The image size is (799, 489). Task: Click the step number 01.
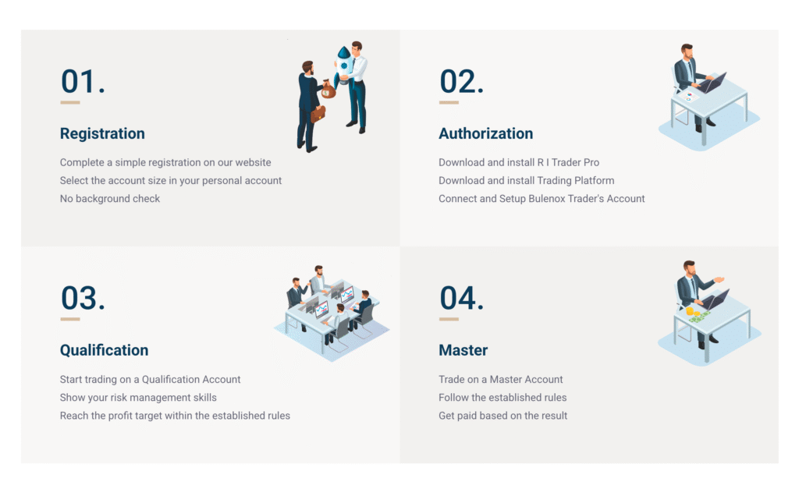coord(83,81)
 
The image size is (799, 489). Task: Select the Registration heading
coord(102,133)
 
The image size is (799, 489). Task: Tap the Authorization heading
coord(485,133)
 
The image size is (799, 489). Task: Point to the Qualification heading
coord(104,350)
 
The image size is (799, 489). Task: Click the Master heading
coord(463,350)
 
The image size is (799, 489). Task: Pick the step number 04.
coord(462,298)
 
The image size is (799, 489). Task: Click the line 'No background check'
coord(110,199)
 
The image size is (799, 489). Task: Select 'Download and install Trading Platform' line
coord(527,180)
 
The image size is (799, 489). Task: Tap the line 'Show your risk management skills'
coord(138,397)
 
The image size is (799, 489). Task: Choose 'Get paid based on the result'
coord(503,416)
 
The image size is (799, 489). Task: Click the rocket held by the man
coord(344,65)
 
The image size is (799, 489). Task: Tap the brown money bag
coord(328,90)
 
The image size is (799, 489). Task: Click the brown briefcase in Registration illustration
coord(318,114)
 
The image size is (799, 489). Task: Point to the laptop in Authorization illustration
coord(712,83)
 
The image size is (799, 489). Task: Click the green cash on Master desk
coord(700,317)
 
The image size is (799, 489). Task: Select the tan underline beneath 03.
coord(69,320)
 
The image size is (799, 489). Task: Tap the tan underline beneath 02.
coord(449,103)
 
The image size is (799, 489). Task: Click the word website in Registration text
coord(253,162)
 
